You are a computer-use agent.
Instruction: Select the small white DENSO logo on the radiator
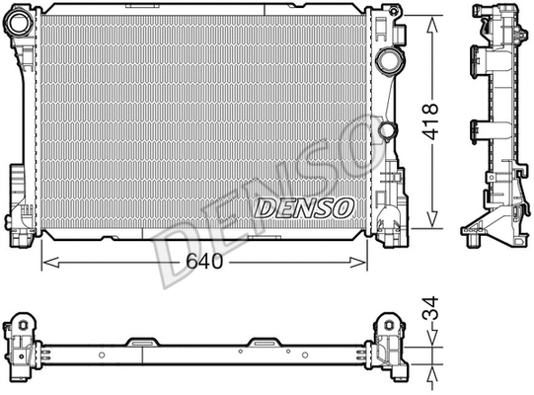(x=304, y=206)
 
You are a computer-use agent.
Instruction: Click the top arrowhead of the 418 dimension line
(x=431, y=20)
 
